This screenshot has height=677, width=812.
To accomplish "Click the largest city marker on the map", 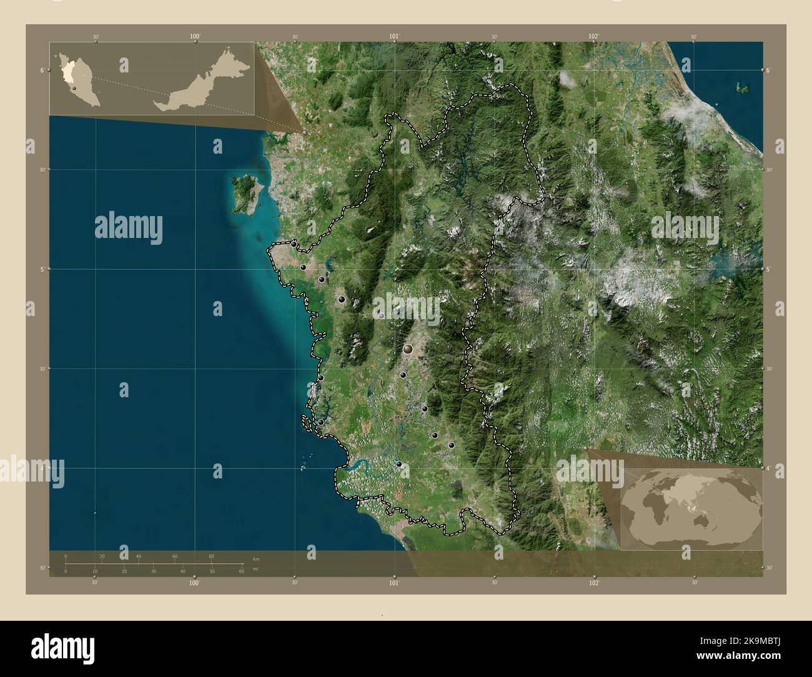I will tap(408, 349).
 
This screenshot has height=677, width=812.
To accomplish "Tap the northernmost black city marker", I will tap(294, 244).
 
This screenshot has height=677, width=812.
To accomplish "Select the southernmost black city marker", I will tap(399, 464).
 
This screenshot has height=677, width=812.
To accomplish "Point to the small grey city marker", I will tap(382, 315).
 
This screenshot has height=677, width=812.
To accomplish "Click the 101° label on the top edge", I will tap(394, 37).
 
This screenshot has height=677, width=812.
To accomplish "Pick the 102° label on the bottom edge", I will tap(593, 583).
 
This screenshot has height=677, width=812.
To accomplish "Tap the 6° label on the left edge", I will tap(42, 70).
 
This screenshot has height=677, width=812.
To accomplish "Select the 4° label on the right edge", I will tap(770, 467).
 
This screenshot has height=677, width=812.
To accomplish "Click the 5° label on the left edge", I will tap(42, 269).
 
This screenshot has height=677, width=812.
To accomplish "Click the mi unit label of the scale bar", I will tap(255, 569).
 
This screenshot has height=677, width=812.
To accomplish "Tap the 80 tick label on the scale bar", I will tap(211, 556).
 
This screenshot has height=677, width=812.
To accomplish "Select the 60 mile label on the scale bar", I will tap(241, 571).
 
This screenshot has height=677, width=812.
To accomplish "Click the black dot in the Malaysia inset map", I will tap(74, 88).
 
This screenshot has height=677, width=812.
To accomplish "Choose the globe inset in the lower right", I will tap(691, 507).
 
